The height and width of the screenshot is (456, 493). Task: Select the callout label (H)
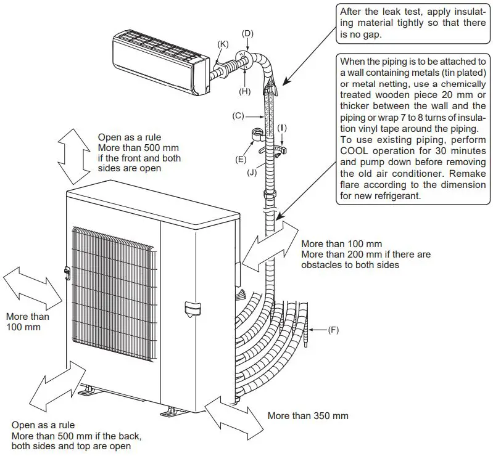click(244, 91)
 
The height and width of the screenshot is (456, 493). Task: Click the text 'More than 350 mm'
click(308, 415)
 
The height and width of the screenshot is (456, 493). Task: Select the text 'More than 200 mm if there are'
click(366, 254)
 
